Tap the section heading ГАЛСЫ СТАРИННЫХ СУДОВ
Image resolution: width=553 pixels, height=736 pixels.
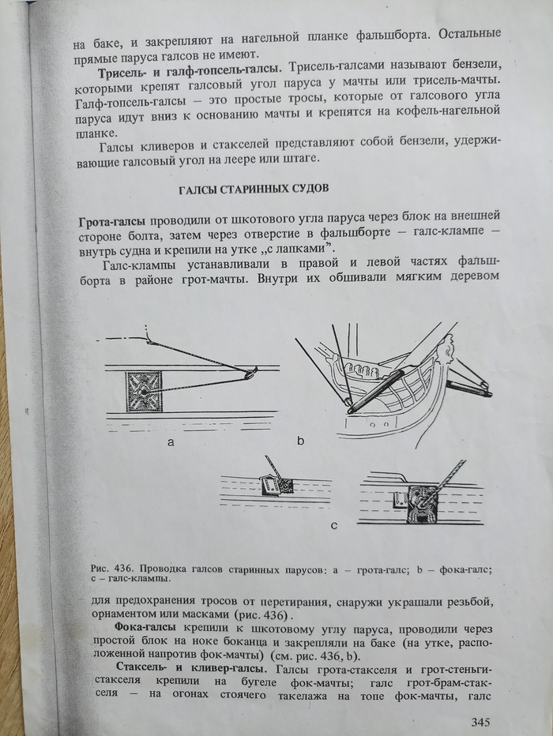254,189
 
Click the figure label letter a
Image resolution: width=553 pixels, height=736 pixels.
171,441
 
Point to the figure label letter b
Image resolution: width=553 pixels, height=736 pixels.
301,441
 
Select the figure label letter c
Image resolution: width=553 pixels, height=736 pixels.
333,525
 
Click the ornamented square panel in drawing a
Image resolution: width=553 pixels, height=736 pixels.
144,391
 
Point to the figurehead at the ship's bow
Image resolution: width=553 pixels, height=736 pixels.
448,352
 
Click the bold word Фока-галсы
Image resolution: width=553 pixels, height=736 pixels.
145,628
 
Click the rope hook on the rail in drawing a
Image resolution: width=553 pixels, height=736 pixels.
250,373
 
